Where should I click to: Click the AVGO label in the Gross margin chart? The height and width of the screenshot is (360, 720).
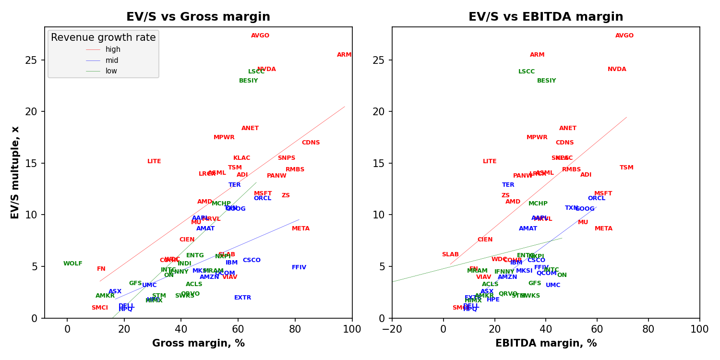coord(260,36)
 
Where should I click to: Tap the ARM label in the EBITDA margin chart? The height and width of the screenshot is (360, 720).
coord(537,55)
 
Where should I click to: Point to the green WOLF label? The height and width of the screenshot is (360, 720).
coord(73,264)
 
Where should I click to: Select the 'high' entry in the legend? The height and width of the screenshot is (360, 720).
coord(113,49)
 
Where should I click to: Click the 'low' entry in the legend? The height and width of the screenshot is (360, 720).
coord(111,71)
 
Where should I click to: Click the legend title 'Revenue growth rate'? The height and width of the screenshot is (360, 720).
coord(103,37)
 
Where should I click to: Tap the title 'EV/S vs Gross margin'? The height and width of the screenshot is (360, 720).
coord(198,17)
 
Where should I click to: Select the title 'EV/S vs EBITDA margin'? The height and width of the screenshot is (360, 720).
coord(546,17)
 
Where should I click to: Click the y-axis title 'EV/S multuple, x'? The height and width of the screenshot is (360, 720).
coord(15,173)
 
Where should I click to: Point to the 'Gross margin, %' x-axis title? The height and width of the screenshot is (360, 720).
coord(198,344)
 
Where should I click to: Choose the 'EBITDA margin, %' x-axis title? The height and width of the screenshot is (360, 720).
coord(546,344)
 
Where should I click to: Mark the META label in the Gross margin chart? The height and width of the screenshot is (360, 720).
coord(300,228)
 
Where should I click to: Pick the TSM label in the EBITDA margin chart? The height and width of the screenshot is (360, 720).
coord(626,168)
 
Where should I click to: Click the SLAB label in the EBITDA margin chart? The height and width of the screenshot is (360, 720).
coord(450,254)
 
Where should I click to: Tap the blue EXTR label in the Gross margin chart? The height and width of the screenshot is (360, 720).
coord(242,298)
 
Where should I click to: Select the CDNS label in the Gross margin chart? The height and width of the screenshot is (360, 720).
coord(311,143)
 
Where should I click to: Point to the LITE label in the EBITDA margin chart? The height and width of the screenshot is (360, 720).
coord(490,161)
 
